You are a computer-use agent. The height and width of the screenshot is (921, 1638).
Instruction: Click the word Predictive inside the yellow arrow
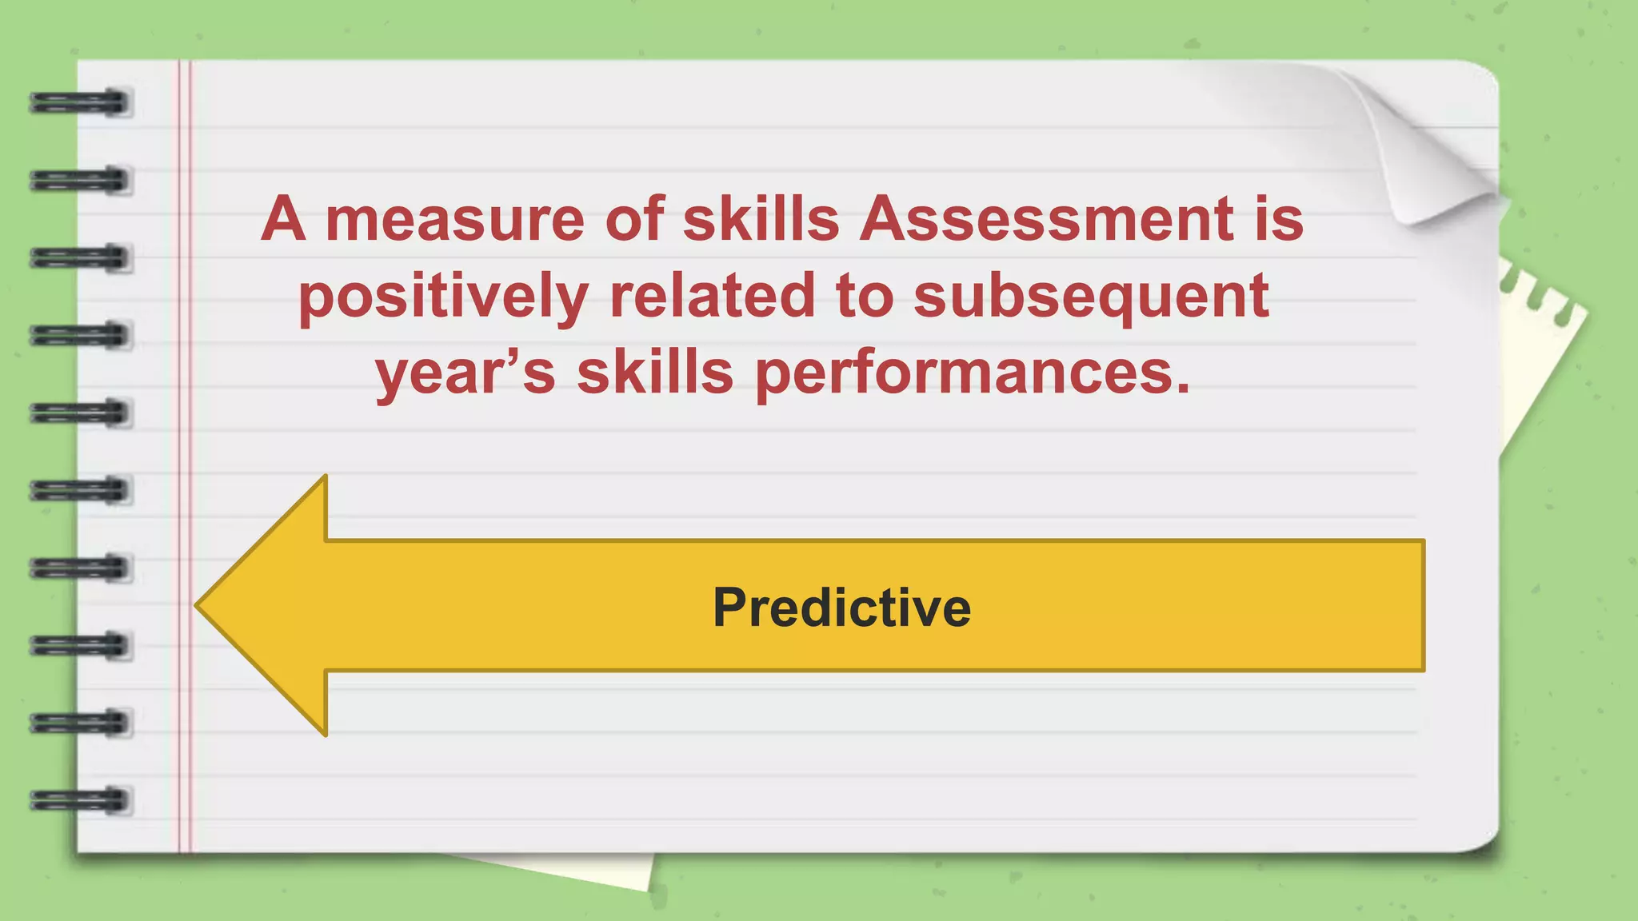[x=841, y=608]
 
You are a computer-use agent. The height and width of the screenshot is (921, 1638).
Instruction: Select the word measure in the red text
[x=454, y=219]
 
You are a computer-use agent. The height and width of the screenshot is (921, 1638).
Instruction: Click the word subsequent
[x=1091, y=296]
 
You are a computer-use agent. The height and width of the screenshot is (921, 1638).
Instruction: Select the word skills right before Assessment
[x=761, y=219]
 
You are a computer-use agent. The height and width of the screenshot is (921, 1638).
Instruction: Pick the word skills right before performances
[x=655, y=373]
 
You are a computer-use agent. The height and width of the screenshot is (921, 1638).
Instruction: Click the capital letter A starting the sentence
[x=283, y=219]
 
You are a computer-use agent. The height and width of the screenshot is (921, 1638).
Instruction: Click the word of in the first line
[x=633, y=219]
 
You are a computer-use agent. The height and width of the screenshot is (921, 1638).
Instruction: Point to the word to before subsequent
[x=864, y=296]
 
